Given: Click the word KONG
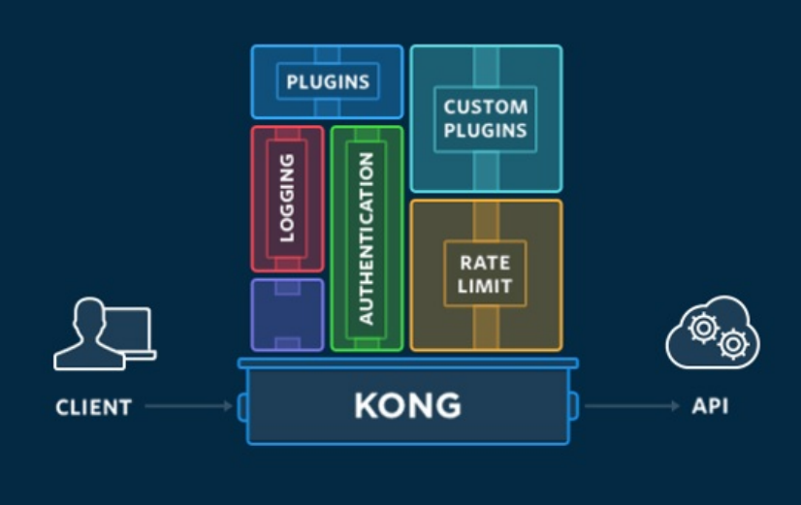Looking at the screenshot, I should pyautogui.click(x=407, y=405).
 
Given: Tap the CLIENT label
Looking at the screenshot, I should pyautogui.click(x=93, y=406).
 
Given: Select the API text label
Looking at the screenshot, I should pyautogui.click(x=710, y=406).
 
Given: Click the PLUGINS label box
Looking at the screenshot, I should pyautogui.click(x=327, y=81).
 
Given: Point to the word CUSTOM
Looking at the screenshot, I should pyautogui.click(x=485, y=107).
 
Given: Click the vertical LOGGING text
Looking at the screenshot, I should pyautogui.click(x=287, y=198).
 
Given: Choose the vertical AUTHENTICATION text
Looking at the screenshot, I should pyautogui.click(x=366, y=237).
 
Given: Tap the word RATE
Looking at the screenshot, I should pyautogui.click(x=485, y=263).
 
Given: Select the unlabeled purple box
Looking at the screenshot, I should pyautogui.click(x=287, y=314).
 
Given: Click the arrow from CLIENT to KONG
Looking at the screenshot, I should pyautogui.click(x=188, y=406).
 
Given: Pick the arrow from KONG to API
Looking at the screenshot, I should pyautogui.click(x=631, y=406).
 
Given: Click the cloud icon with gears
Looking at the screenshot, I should pyautogui.click(x=713, y=334).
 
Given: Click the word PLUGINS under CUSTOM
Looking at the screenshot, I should pyautogui.click(x=485, y=130).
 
